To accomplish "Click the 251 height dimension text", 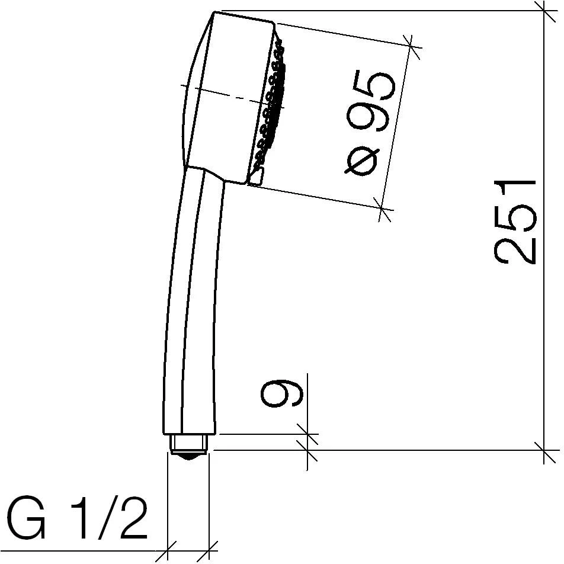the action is tap(515, 222).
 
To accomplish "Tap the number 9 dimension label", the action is tap(282, 393).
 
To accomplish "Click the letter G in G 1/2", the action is tap(27, 519).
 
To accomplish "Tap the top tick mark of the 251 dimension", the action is tap(544, 11).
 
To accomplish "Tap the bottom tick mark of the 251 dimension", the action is tap(544, 450).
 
